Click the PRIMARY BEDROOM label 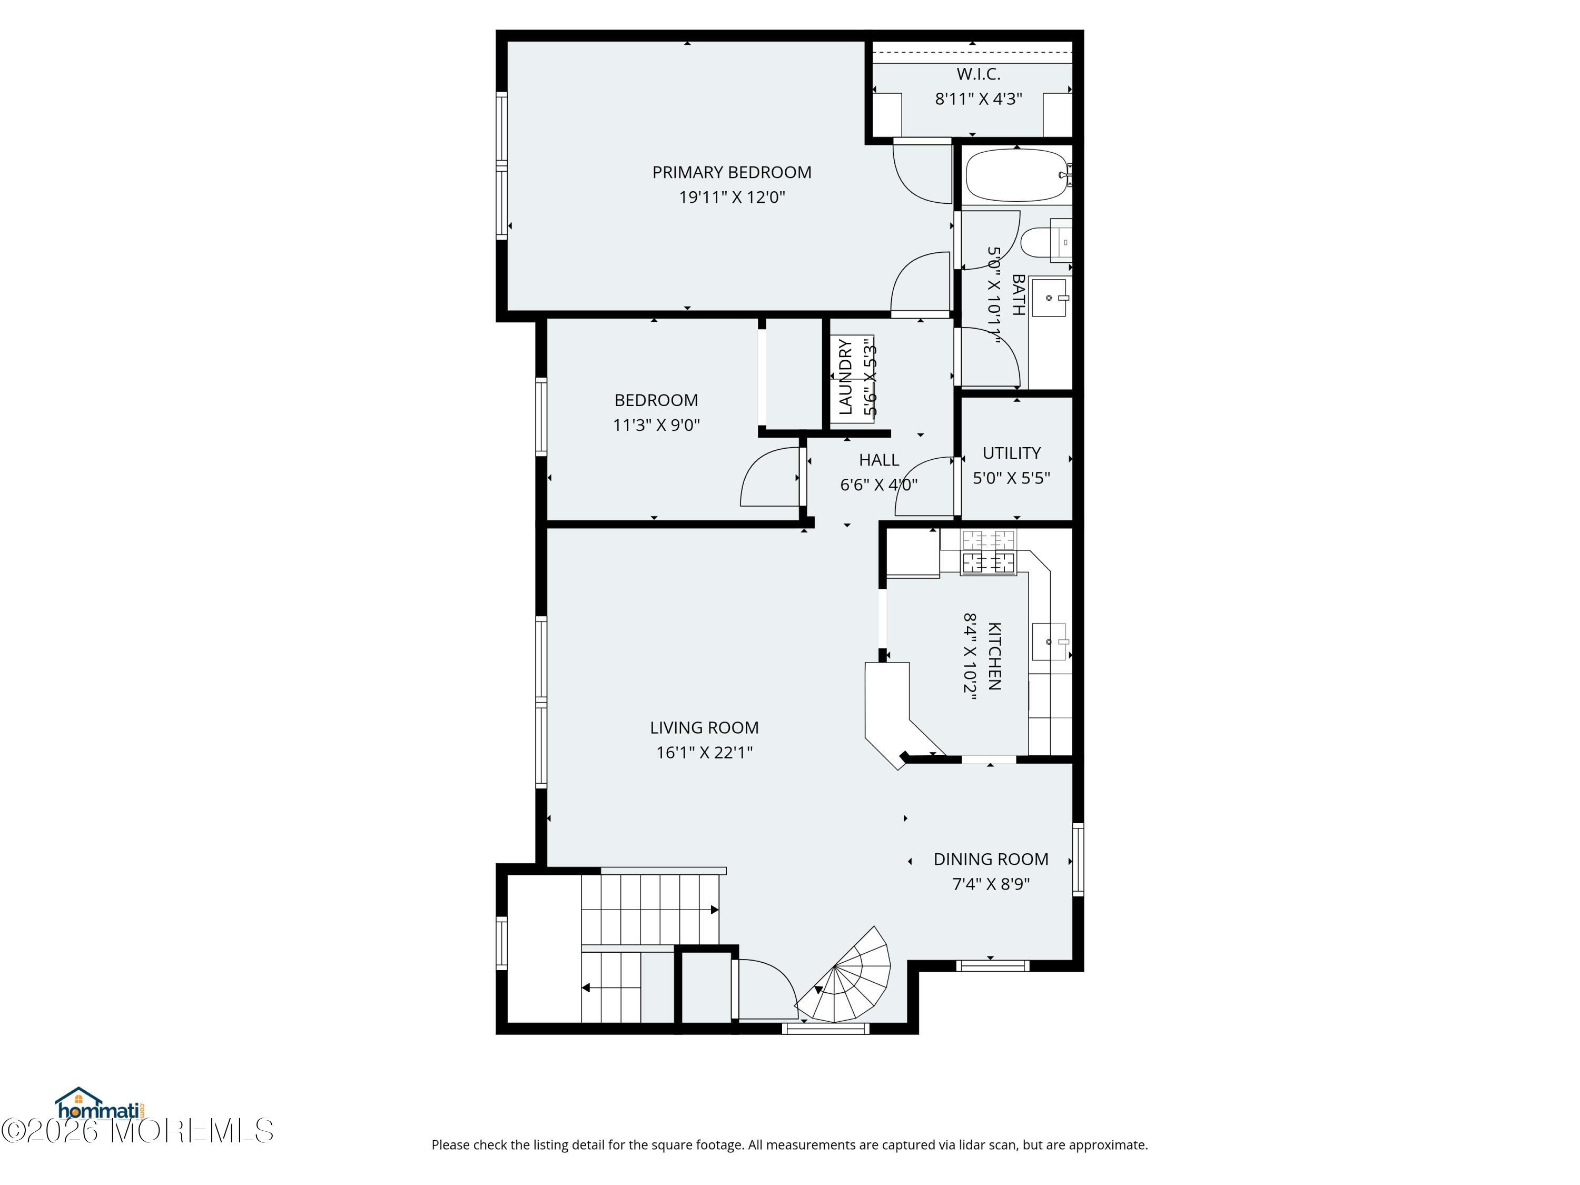732,172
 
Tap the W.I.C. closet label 979,74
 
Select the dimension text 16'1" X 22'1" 704,752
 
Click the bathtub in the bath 1017,175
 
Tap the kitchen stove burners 989,551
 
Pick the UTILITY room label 1011,453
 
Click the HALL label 878,460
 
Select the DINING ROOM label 991,860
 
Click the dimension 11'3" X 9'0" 656,425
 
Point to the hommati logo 101,1107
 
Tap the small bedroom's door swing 770,477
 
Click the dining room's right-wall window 1078,860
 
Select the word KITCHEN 994,656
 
